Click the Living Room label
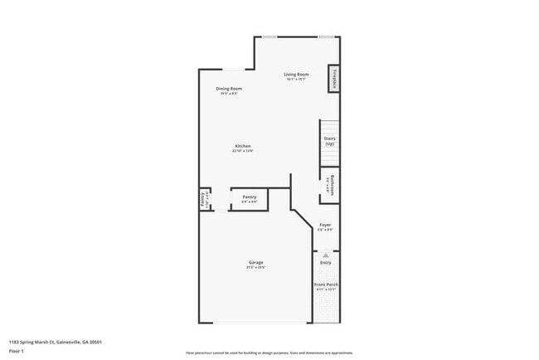tap(296, 75)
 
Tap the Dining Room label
tap(229, 89)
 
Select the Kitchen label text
tap(242, 146)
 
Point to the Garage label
tap(255, 263)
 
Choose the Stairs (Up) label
tap(329, 139)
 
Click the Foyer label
tap(325, 226)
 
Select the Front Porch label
tap(325, 285)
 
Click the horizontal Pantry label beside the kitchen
tap(249, 197)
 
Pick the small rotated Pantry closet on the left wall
tap(202, 199)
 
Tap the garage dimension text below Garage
tap(255, 268)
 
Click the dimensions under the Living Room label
tap(296, 80)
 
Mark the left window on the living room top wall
tap(269, 36)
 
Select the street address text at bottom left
tap(56, 341)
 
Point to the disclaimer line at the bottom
tap(269, 353)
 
